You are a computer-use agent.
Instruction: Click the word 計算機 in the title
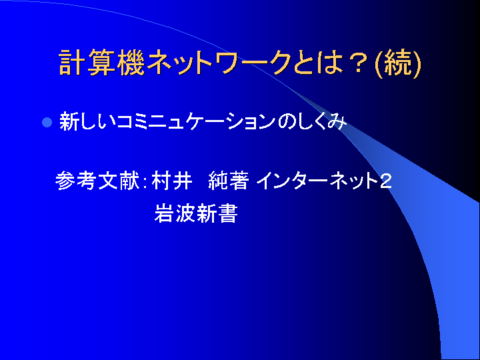(x=101, y=63)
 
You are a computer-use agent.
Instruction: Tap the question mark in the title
(x=359, y=63)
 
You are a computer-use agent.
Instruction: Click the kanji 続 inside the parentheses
(x=397, y=63)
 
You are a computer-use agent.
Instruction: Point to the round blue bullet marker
(x=47, y=123)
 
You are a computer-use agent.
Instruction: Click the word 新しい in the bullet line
(x=88, y=122)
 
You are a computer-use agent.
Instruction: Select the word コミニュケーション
(x=197, y=122)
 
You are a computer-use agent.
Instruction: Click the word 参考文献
(x=97, y=180)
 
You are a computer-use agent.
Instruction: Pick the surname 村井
(x=172, y=180)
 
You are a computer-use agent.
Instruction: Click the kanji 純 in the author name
(x=217, y=180)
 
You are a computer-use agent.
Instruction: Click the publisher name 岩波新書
(x=196, y=213)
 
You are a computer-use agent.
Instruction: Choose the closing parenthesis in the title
(x=417, y=64)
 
